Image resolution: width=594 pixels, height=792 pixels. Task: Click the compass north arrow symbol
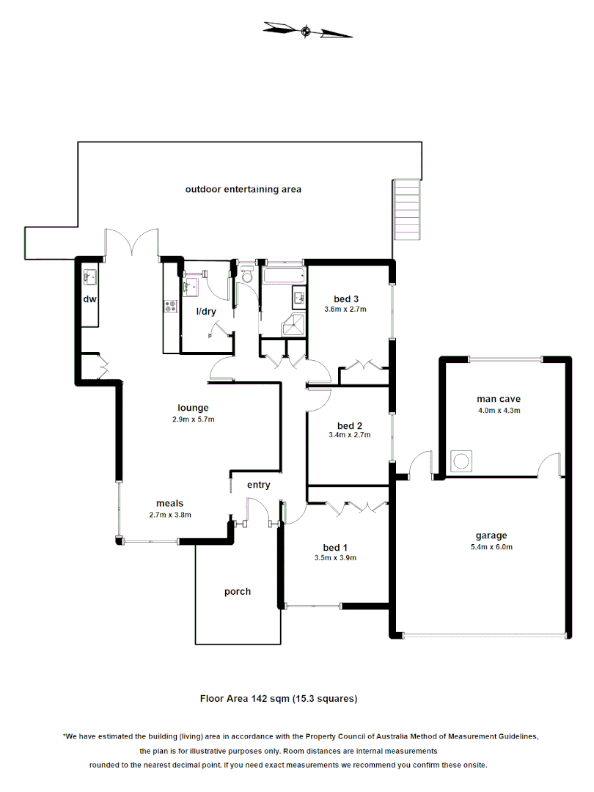[x=307, y=30]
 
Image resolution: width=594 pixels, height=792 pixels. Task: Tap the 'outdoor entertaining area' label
[x=243, y=189]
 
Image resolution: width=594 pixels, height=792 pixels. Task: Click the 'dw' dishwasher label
[x=89, y=299]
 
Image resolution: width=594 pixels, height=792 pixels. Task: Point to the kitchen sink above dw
[x=90, y=277]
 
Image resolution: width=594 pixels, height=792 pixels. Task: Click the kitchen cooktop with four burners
[x=171, y=307]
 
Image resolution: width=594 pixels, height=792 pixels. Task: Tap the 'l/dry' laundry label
[x=206, y=312]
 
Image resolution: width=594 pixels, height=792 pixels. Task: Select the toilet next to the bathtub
[x=246, y=275]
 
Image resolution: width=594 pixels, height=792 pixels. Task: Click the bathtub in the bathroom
[x=283, y=276]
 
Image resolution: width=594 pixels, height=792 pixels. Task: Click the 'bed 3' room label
[x=346, y=298]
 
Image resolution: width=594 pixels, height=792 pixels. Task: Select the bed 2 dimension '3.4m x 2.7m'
[x=350, y=435]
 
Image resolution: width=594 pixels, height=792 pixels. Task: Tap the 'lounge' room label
[x=193, y=408]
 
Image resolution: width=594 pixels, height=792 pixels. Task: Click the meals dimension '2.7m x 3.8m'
[x=169, y=514]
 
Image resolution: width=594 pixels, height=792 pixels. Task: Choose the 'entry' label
[x=258, y=485]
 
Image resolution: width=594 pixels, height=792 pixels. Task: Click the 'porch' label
[x=238, y=591]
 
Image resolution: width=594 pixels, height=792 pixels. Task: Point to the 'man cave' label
[x=499, y=399]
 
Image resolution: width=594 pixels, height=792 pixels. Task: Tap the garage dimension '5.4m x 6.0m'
[x=491, y=546]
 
